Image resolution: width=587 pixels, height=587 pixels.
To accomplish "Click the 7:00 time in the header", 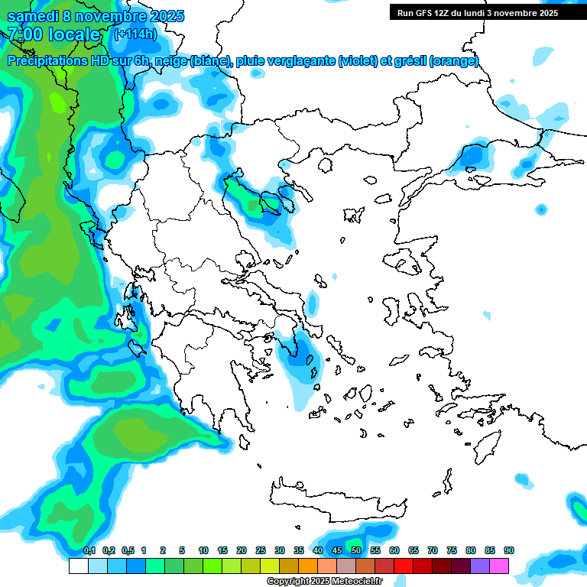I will pyautogui.click(x=23, y=34).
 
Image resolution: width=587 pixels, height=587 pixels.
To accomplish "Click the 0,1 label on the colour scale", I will pyautogui.click(x=89, y=550).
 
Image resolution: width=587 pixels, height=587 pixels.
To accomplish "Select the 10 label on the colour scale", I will pyautogui.click(x=203, y=550).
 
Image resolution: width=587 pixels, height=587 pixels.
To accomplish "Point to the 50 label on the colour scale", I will pyautogui.click(x=356, y=550).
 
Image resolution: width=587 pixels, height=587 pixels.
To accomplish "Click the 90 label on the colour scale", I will pyautogui.click(x=509, y=550).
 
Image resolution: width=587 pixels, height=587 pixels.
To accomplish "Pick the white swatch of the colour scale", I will pyautogui.click(x=78, y=566).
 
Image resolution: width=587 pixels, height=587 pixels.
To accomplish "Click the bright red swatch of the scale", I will pyautogui.click(x=403, y=566).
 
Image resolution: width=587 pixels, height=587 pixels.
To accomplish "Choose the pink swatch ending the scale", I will pyautogui.click(x=498, y=566).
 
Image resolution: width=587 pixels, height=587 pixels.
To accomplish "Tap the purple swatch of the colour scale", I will pyautogui.click(x=479, y=566).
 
